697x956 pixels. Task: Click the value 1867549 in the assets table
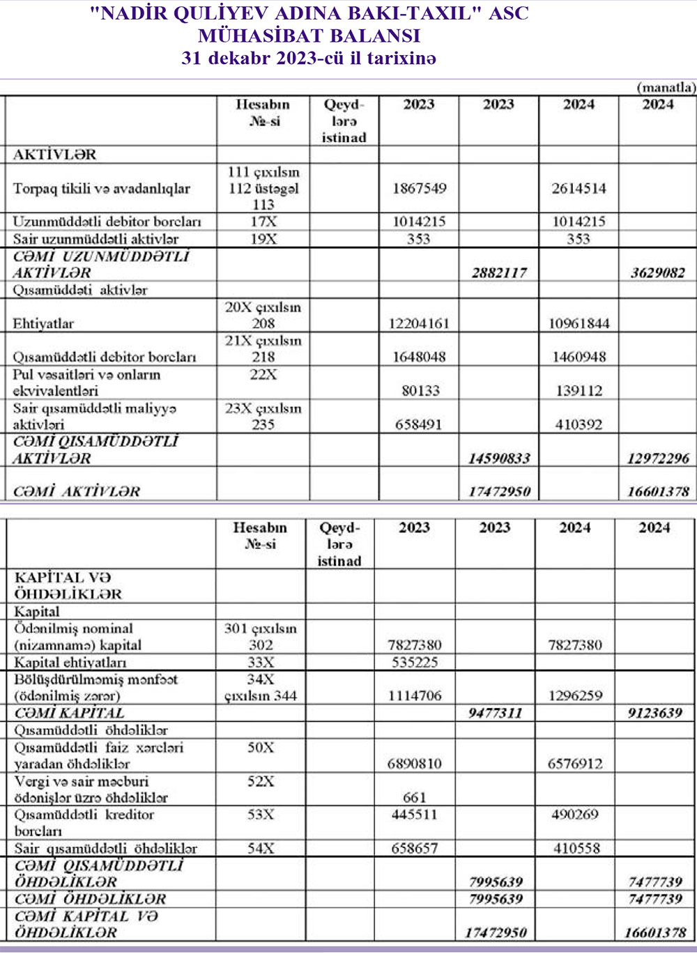pyautogui.click(x=419, y=188)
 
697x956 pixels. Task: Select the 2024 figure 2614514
pyautogui.click(x=579, y=188)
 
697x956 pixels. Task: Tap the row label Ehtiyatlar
pyautogui.click(x=43, y=323)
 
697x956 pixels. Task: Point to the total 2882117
pyautogui.click(x=499, y=272)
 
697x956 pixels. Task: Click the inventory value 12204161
pyautogui.click(x=419, y=323)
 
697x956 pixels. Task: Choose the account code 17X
pyautogui.click(x=263, y=222)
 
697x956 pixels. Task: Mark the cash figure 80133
pyautogui.click(x=420, y=391)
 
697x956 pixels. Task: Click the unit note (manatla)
pyautogui.click(x=666, y=87)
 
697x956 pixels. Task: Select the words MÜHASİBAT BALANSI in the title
pyautogui.click(x=309, y=36)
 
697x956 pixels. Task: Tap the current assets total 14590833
pyautogui.click(x=499, y=458)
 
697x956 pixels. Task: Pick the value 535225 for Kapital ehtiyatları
pyautogui.click(x=415, y=662)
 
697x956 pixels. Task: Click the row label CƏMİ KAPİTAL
pyautogui.click(x=69, y=713)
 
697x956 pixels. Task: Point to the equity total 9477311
pyautogui.click(x=495, y=713)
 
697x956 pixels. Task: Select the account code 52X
pyautogui.click(x=261, y=781)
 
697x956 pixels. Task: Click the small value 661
pyautogui.click(x=415, y=797)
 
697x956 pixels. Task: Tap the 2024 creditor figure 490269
pyautogui.click(x=574, y=815)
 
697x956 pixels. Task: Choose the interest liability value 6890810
pyautogui.click(x=415, y=764)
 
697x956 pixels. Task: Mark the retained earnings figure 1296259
pyautogui.click(x=574, y=695)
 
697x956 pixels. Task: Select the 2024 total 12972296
pyautogui.click(x=658, y=458)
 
